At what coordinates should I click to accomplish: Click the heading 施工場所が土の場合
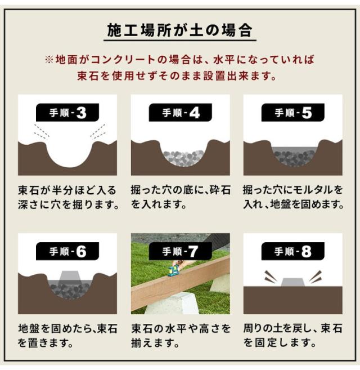click(179, 30)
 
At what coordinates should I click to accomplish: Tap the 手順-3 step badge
click(67, 113)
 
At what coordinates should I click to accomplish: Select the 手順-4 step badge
click(181, 113)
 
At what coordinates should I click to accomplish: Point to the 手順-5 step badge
click(293, 113)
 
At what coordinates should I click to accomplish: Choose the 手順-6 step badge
click(67, 251)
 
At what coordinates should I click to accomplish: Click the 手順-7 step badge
click(181, 251)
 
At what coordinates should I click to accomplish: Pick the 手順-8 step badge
click(293, 251)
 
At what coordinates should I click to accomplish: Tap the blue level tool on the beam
click(174, 271)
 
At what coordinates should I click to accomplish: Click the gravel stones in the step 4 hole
click(183, 158)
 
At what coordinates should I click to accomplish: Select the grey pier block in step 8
click(293, 282)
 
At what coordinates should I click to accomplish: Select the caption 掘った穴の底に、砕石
click(181, 190)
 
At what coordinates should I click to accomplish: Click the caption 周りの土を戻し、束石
click(293, 328)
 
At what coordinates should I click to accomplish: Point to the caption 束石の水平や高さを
click(181, 328)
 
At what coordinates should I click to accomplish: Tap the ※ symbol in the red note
click(49, 60)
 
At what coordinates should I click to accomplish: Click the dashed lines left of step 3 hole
click(42, 131)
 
